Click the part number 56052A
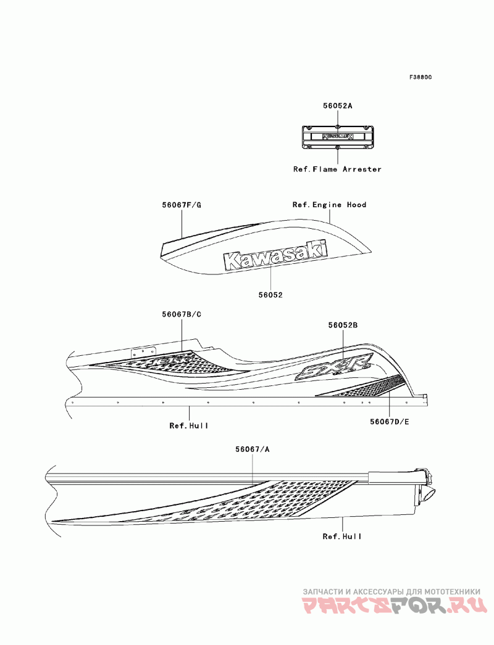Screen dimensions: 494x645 tap(337, 105)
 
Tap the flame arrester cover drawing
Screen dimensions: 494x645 tap(337, 136)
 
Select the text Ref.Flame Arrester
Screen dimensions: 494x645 tap(337, 169)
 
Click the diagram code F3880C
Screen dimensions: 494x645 tap(420, 77)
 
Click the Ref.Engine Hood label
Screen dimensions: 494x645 tap(329, 204)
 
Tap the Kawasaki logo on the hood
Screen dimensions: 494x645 tap(275, 255)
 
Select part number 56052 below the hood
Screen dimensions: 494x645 tap(270, 295)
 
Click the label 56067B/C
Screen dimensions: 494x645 tap(182, 314)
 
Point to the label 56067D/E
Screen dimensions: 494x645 tap(390, 422)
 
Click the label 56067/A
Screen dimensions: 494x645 tap(252, 449)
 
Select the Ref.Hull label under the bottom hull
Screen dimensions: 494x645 tap(342, 536)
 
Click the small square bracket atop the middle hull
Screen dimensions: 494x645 tap(136, 353)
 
